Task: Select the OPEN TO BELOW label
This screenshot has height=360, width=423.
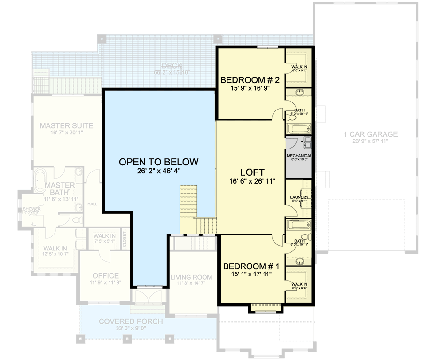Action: [x=158, y=162]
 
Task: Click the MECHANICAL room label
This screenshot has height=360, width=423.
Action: [x=299, y=156]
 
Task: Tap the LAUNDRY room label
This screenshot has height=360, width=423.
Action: [x=299, y=197]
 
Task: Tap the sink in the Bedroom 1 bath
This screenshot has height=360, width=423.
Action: [x=299, y=260]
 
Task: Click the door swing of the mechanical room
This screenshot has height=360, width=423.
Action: [x=291, y=143]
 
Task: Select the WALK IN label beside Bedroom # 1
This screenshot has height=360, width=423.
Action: [x=299, y=284]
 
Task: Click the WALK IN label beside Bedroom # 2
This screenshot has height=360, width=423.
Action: [x=299, y=67]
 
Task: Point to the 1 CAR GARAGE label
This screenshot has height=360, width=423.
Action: [x=370, y=134]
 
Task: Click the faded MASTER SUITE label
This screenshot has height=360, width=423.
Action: [x=66, y=126]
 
